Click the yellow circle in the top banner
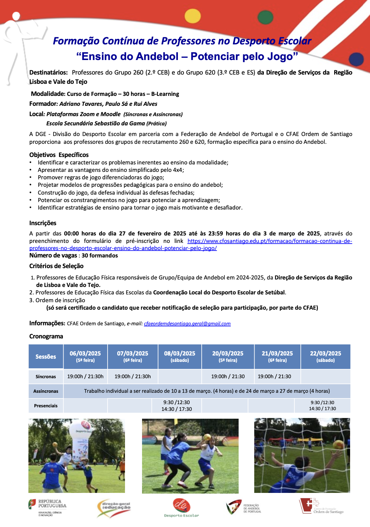click(193, 16)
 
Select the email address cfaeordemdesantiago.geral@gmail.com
click(187, 324)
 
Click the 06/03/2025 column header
click(85, 357)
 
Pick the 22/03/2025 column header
click(325, 357)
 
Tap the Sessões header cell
click(46, 357)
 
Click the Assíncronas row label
click(46, 391)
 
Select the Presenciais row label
click(46, 406)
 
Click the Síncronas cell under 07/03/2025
click(132, 376)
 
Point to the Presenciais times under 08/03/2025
click(176, 406)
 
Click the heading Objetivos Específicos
click(59, 155)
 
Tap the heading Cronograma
click(46, 336)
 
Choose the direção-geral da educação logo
click(114, 508)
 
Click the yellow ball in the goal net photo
click(338, 445)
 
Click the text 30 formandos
click(100, 255)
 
